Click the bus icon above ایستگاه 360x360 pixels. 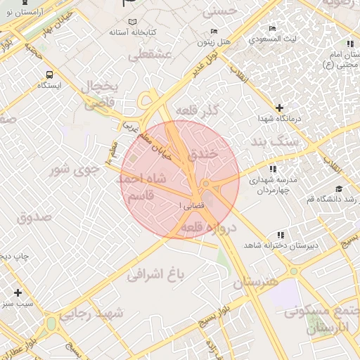(x=49, y=74)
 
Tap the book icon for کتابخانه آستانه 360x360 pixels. (x=114, y=32)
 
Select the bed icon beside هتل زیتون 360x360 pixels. (x=214, y=32)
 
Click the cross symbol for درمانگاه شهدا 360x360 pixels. (x=280, y=108)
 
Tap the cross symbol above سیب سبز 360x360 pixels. (x=18, y=292)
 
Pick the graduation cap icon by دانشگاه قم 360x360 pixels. (x=339, y=188)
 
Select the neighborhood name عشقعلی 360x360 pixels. (x=150, y=54)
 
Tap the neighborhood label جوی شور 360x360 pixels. (x=72, y=170)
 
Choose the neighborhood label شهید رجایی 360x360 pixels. (x=92, y=313)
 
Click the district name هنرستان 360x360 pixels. (x=256, y=283)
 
